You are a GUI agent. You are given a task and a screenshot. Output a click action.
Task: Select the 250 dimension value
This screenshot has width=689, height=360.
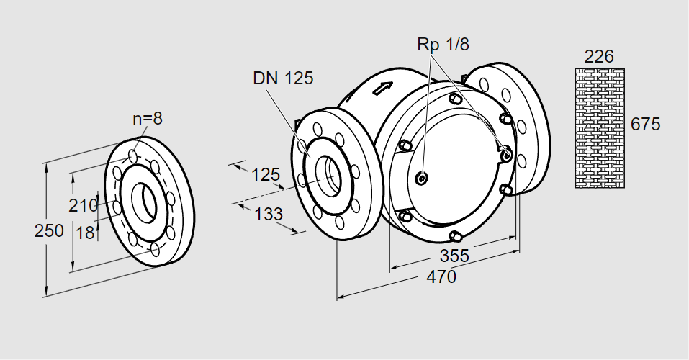tap(49, 231)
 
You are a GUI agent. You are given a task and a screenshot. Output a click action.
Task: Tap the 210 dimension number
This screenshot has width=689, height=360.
tap(83, 206)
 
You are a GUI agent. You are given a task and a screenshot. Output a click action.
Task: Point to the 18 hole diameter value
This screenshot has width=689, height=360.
tap(85, 233)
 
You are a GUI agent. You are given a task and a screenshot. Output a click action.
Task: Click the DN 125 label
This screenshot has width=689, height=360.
tap(283, 78)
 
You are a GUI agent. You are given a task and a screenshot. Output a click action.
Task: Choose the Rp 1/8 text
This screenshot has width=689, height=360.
tap(443, 45)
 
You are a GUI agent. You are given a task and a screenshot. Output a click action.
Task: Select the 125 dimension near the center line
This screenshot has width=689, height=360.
tap(265, 175)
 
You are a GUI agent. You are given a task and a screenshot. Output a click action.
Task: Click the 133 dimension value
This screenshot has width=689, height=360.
tap(268, 214)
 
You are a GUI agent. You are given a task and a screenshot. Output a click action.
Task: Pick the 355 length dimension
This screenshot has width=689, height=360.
tap(454, 256)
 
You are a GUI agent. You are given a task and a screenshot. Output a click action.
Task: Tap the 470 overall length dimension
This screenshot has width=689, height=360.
tap(441, 277)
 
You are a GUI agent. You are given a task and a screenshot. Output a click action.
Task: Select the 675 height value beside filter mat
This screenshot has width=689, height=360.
tap(645, 124)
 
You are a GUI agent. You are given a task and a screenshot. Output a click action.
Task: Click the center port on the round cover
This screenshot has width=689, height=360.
tap(422, 178)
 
